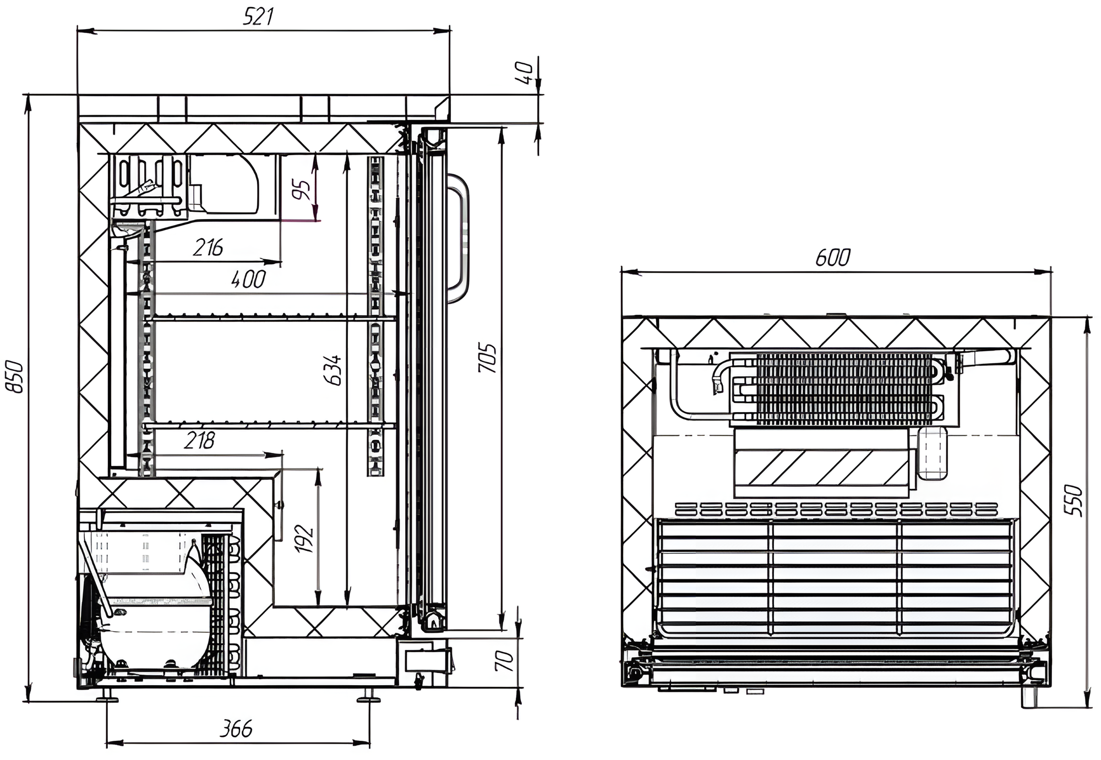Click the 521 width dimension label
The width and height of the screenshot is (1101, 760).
(258, 17)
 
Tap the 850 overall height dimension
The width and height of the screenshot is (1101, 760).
(15, 376)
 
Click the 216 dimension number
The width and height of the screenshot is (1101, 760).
(208, 248)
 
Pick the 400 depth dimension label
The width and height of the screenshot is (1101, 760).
(248, 279)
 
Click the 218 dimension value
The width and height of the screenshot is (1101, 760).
(199, 441)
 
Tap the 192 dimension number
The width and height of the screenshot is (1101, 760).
(304, 539)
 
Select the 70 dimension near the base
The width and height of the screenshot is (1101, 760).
(505, 660)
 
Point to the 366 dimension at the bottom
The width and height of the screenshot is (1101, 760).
(236, 729)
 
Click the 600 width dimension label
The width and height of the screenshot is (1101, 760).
(833, 258)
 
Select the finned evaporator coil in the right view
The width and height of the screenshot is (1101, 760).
(842, 389)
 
